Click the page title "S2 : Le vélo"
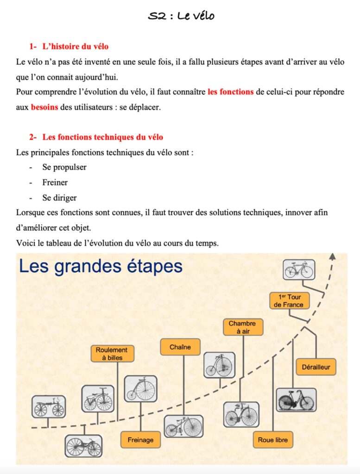181,16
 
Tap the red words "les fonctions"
230,92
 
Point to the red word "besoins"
44,107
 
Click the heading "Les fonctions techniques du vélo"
102,137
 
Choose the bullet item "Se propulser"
64,167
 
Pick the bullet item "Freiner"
55,182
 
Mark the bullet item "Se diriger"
60,198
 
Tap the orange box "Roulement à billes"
112,353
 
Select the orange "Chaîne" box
180,347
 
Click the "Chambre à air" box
242,327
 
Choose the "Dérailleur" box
316,367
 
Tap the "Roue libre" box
273,439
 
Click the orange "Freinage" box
140,439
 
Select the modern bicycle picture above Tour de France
299,269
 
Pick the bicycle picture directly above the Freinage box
140,388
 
